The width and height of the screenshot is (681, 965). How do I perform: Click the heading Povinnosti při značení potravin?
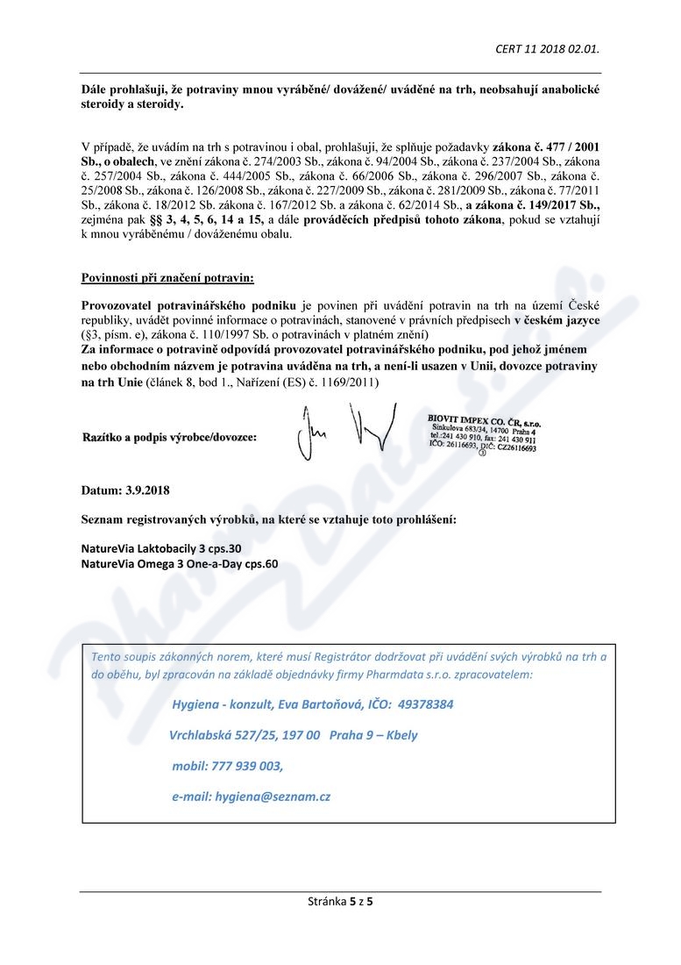(x=167, y=278)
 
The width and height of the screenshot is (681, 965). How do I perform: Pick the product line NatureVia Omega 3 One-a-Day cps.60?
(x=180, y=563)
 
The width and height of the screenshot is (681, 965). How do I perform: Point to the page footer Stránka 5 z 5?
(x=340, y=900)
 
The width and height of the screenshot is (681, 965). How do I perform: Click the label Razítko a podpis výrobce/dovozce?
(x=170, y=436)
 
